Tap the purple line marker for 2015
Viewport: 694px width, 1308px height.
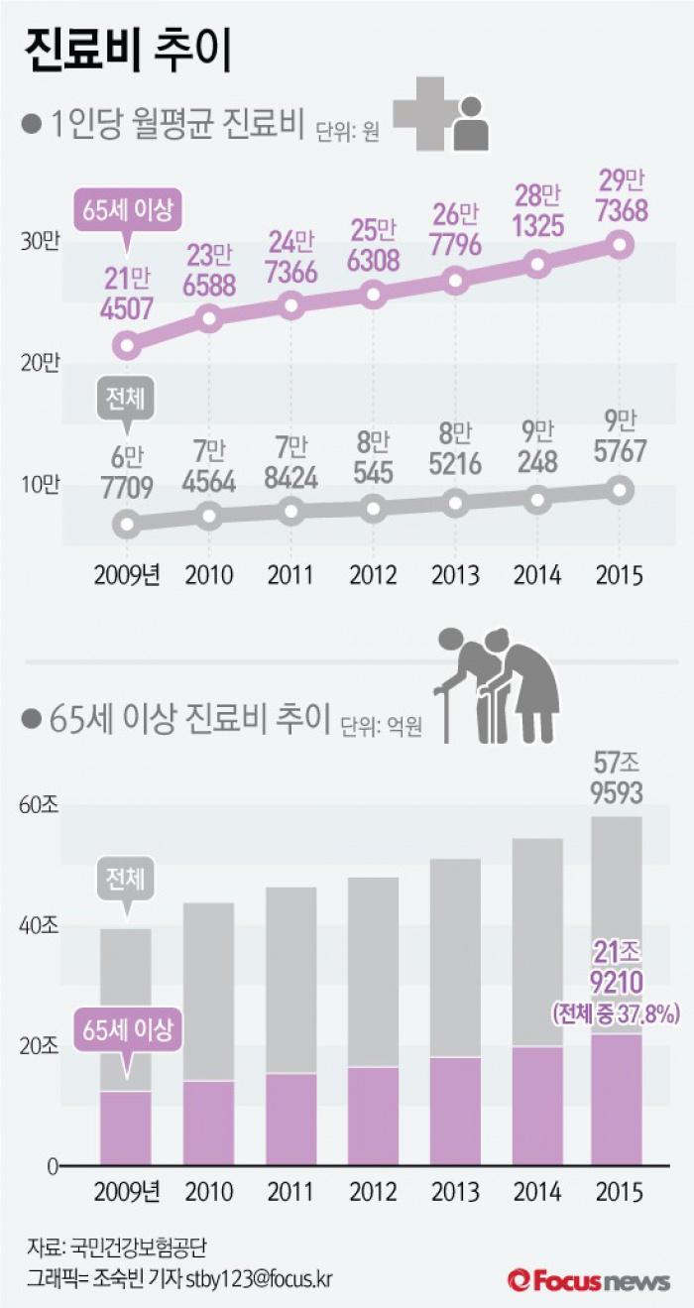621,244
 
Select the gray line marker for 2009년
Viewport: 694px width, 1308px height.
126,523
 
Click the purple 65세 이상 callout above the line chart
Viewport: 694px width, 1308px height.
126,210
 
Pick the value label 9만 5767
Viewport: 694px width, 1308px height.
620,436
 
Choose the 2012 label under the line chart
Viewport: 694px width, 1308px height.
373,574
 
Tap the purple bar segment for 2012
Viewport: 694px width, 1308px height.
373,1116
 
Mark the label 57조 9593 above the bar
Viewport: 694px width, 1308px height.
617,778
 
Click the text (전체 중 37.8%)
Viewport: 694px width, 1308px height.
615,1013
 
